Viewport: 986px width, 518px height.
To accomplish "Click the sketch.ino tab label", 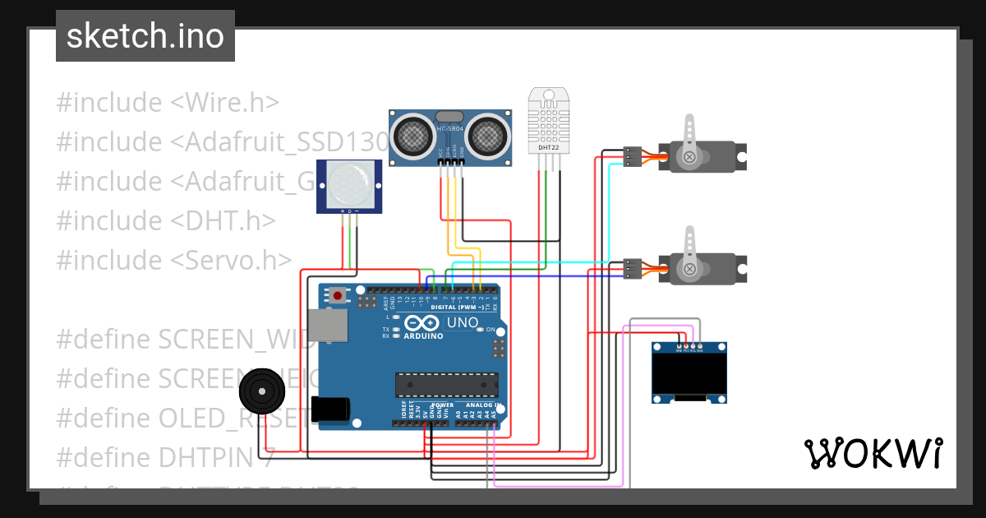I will point(145,36).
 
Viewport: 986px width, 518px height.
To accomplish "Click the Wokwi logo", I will point(872,453).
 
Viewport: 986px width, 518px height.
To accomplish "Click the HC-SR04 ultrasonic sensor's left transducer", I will point(410,132).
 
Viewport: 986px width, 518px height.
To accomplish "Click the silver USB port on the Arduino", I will point(329,324).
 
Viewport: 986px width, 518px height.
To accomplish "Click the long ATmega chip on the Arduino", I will point(447,385).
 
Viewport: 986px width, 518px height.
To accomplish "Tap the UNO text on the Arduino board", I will point(462,322).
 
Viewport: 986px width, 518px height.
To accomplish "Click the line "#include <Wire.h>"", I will point(168,103).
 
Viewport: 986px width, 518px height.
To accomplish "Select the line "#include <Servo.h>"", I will point(174,260).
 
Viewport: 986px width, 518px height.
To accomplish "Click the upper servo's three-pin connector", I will point(632,156).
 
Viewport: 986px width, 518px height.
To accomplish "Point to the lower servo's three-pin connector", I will point(632,268).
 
